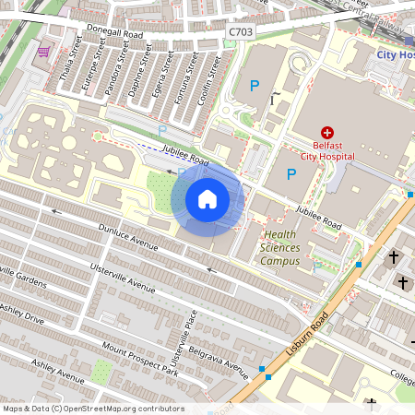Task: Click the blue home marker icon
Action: tap(207, 199)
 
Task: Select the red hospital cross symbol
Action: tap(326, 134)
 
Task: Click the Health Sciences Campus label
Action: tap(281, 248)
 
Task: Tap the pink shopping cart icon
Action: tap(43, 52)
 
